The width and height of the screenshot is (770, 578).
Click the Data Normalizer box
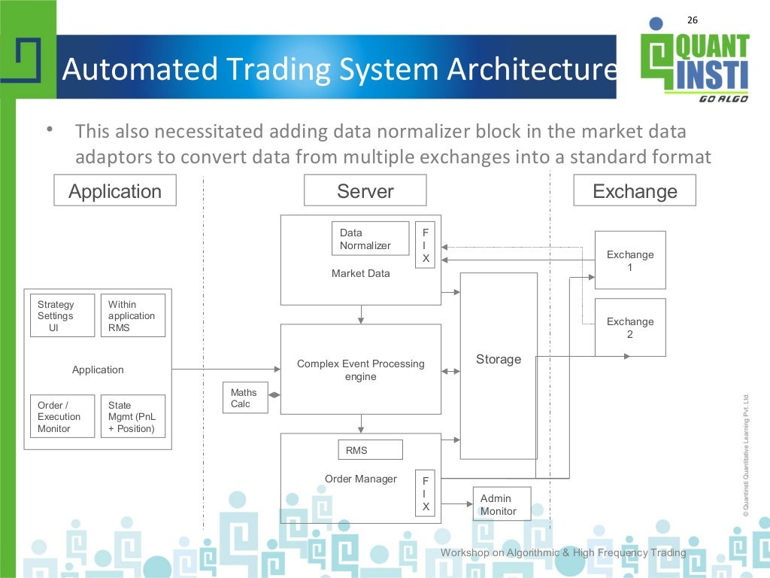(370, 239)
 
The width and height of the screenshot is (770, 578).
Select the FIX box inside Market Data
(425, 245)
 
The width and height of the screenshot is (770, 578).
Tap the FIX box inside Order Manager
(425, 494)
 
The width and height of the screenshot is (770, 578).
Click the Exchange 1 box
(630, 260)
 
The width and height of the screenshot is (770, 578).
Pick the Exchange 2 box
(630, 327)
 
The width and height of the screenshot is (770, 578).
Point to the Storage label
(498, 360)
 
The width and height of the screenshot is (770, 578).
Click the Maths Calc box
(244, 398)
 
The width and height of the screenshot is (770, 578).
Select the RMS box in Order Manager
(370, 450)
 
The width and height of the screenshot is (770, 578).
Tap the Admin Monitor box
(501, 504)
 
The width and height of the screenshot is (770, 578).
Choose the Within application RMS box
(132, 315)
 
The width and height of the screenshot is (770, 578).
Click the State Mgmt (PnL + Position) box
(132, 416)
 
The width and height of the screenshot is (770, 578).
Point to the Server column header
(365, 190)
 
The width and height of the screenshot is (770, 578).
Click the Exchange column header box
(634, 190)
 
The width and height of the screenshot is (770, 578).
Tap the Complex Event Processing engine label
(361, 370)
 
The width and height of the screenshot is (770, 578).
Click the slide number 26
(693, 20)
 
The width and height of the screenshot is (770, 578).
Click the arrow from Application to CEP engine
(226, 369)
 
